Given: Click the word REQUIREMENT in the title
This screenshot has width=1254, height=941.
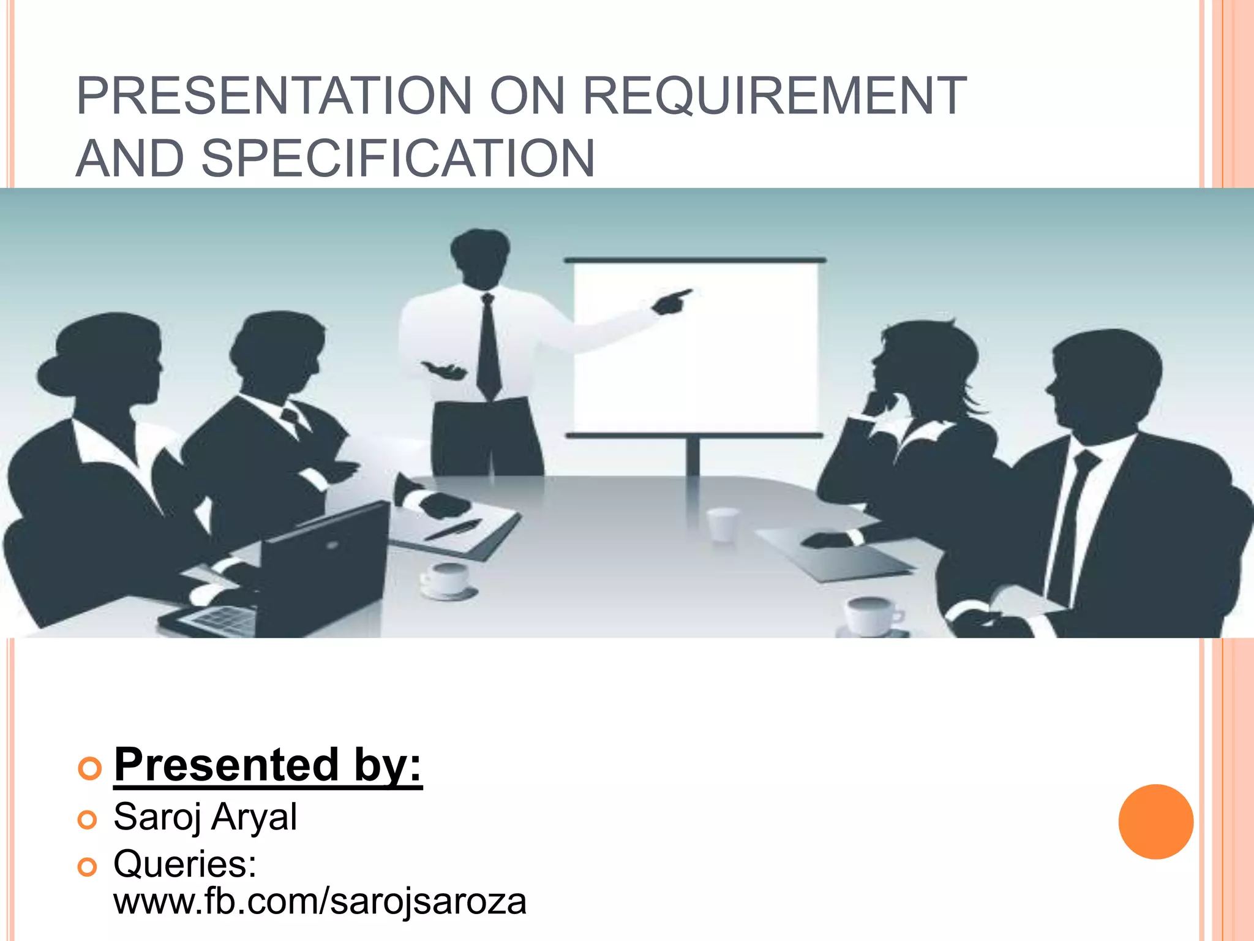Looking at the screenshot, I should [775, 96].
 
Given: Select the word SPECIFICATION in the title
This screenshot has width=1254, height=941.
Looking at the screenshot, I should [398, 159].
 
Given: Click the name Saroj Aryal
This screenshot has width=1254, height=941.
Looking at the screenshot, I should [205, 817].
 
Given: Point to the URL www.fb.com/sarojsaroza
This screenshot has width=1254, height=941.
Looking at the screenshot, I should [320, 901].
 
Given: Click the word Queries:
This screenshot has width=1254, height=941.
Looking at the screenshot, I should [185, 864].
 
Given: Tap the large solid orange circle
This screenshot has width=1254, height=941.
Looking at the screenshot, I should [1155, 822].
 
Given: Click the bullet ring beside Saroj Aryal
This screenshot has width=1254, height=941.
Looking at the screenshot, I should [88, 820].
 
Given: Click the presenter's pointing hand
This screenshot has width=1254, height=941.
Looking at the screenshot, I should [671, 301].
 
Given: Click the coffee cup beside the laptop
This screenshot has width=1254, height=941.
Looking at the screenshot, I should [447, 579].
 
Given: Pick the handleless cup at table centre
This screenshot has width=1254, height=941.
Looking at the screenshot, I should [723, 524].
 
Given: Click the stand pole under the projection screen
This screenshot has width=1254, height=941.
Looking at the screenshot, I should [693, 456].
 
